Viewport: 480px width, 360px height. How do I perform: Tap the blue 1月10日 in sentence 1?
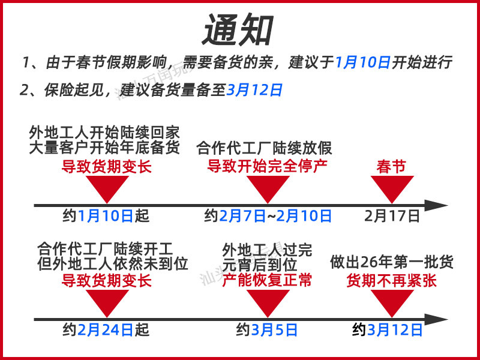[362, 62]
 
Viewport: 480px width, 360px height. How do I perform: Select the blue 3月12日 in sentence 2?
[254, 91]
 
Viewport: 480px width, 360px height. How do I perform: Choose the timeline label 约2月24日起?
[106, 329]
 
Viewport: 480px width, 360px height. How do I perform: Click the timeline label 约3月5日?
[267, 329]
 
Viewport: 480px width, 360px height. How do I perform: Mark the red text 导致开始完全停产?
[268, 166]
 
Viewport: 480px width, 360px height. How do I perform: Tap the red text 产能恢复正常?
[267, 280]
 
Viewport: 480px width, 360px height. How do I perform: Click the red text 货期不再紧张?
[391, 280]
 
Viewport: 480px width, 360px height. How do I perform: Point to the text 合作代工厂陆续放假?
[264, 148]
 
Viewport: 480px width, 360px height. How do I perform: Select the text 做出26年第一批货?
[392, 262]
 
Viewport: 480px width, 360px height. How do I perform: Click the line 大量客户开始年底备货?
[104, 148]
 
